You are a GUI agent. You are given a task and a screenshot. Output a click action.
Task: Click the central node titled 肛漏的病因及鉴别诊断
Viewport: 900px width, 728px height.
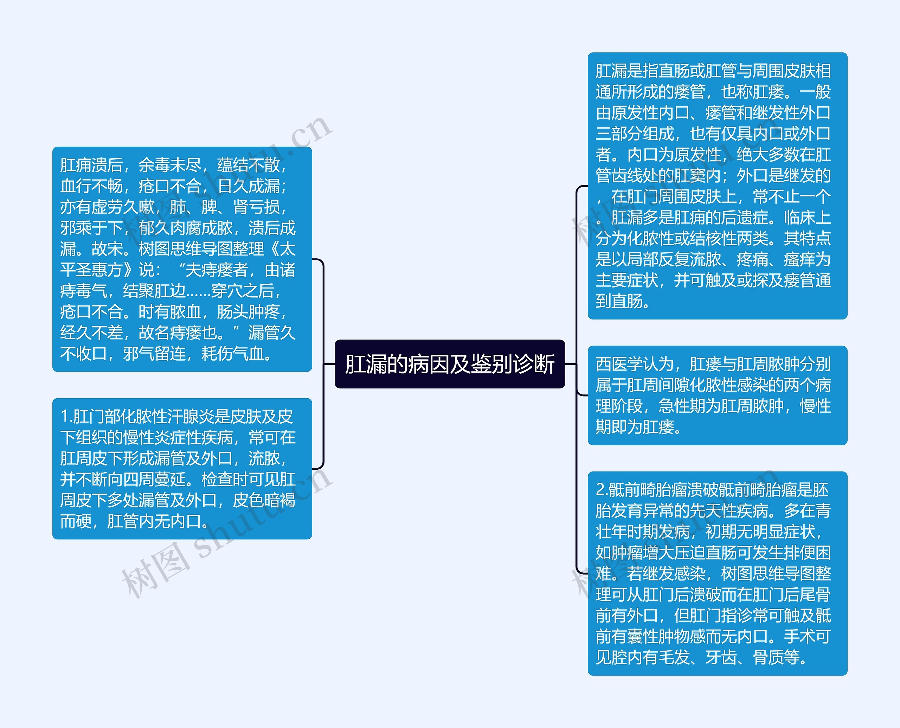tap(450, 363)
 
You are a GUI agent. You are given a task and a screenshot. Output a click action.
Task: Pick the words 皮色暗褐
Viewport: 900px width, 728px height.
tap(264, 500)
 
